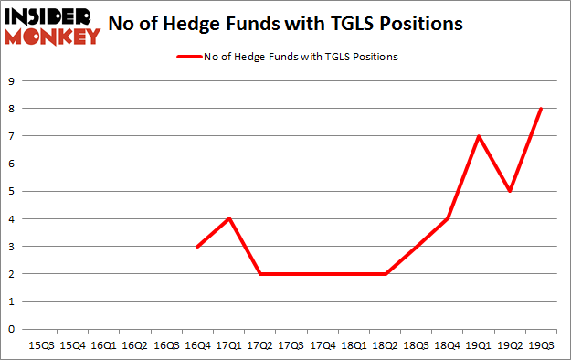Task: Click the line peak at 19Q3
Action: (541, 109)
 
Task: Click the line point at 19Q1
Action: (479, 136)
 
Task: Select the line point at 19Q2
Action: (510, 191)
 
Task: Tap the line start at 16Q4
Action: (197, 247)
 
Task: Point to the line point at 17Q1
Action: (228, 218)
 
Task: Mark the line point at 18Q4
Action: (447, 218)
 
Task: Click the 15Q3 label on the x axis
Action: (41, 346)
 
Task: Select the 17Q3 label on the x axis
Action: (291, 346)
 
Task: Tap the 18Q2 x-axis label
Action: (385, 346)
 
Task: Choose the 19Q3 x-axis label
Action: (541, 346)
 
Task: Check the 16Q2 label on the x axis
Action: (134, 346)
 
